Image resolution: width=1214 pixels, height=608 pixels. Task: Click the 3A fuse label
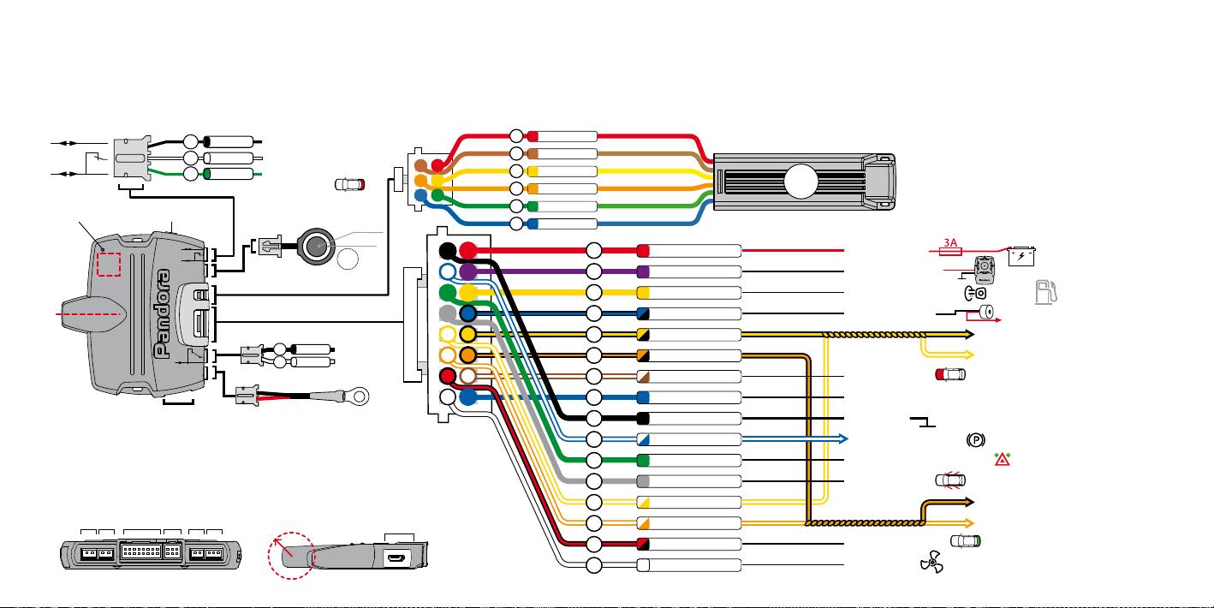tap(950, 242)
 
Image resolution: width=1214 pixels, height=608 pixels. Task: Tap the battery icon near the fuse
tap(1021, 256)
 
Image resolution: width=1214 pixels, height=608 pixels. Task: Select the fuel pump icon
tap(1046, 292)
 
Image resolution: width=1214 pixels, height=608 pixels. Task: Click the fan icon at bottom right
tap(931, 562)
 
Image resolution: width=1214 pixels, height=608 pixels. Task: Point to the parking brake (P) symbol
tap(975, 440)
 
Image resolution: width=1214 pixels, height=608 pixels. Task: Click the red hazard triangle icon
tap(1002, 460)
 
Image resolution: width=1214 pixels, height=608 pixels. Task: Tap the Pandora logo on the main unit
tap(163, 313)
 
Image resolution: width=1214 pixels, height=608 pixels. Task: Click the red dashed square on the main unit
tap(109, 265)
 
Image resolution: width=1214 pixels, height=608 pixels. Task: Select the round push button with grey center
tap(316, 247)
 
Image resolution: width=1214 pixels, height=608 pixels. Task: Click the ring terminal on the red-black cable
tap(358, 396)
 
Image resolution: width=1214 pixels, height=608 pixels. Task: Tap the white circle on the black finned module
tap(801, 182)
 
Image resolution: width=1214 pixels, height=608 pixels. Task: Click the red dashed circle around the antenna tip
tap(292, 556)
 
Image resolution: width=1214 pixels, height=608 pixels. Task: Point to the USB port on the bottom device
tap(396, 557)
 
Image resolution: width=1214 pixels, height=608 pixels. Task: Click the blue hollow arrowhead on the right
tap(843, 439)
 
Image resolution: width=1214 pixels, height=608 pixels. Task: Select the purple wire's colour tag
tap(643, 271)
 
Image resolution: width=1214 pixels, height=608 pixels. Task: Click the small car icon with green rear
tap(966, 541)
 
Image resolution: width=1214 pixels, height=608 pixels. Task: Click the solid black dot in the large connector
tap(448, 250)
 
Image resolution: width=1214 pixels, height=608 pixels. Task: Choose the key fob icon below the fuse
tap(985, 271)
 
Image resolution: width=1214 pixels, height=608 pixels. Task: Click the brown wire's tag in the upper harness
tap(533, 154)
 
